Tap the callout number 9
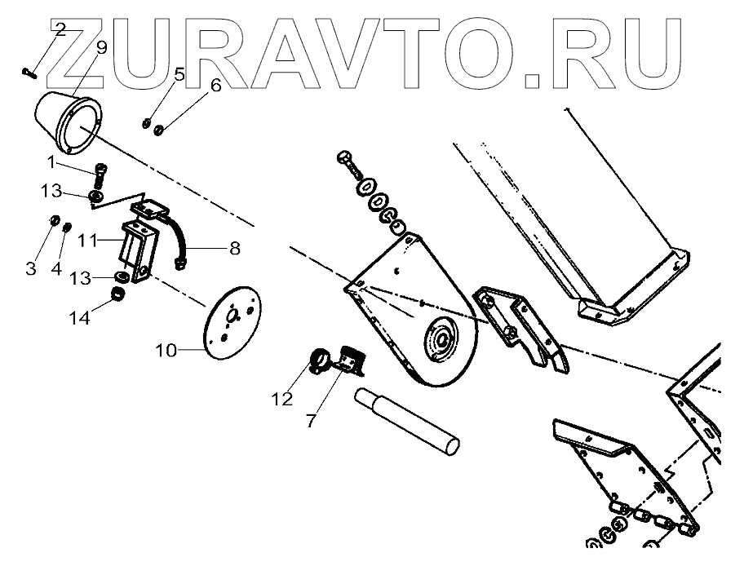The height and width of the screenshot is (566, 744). [x=101, y=48]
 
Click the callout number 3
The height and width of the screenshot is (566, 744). [x=31, y=269]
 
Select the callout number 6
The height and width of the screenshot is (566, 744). [x=215, y=86]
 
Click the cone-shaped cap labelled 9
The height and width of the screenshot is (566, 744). [x=67, y=122]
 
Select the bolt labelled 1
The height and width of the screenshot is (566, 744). [x=100, y=174]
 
